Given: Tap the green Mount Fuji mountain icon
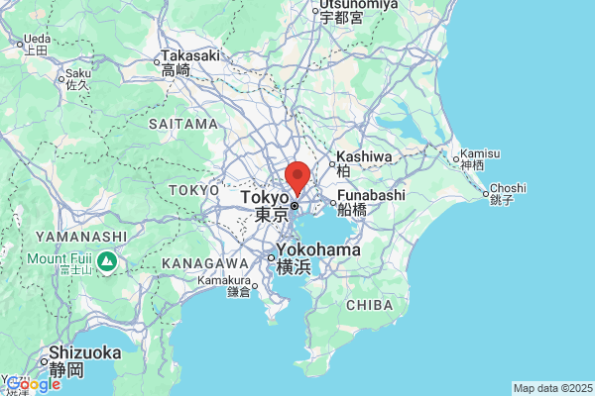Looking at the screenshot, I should pos(107,263).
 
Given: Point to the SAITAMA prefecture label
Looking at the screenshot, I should pos(182,125).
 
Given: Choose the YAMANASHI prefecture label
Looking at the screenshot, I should pos(81,237).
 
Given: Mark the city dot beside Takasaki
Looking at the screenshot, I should pos(158,64).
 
